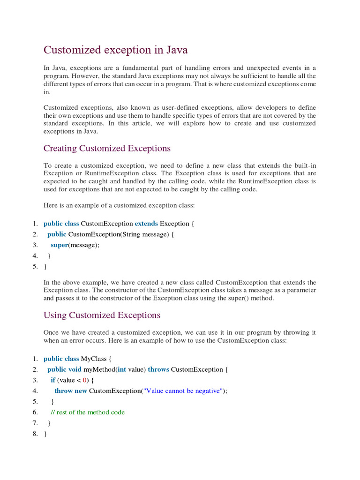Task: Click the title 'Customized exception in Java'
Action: click(x=115, y=50)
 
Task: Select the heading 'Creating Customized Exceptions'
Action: click(x=107, y=149)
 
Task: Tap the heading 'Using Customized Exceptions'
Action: click(x=102, y=315)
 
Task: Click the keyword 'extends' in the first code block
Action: click(x=146, y=224)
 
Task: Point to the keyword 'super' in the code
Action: click(x=60, y=245)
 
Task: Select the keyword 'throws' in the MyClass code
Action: click(x=158, y=369)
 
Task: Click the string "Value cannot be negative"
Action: click(x=183, y=391)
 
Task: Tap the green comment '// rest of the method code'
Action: click(x=88, y=412)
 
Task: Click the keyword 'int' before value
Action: click(x=121, y=369)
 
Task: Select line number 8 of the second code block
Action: click(x=35, y=434)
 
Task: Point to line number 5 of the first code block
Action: click(x=35, y=267)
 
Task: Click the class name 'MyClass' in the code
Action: click(x=94, y=359)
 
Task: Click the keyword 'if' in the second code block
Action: click(x=53, y=380)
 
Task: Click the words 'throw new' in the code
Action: click(x=71, y=391)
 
